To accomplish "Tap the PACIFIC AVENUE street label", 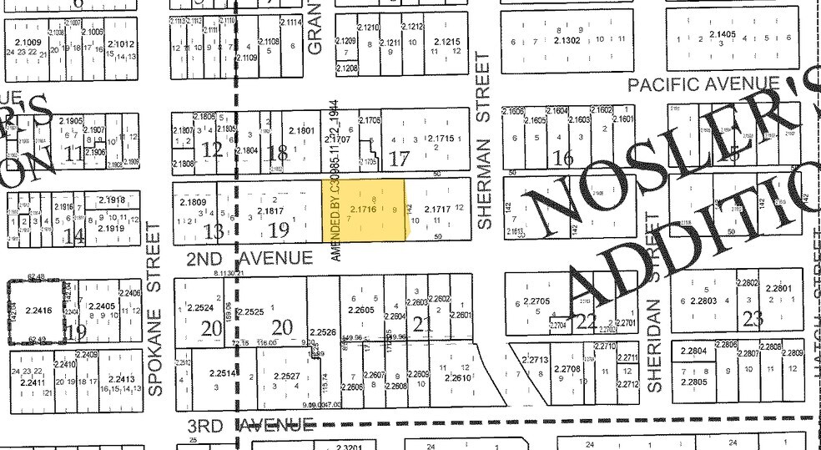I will coord(703,84).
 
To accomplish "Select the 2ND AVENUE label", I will coord(249,259).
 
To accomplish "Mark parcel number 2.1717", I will coord(437,209).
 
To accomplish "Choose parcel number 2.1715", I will coord(439,138).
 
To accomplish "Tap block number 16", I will coord(564,157).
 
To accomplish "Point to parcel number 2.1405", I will coord(723,34).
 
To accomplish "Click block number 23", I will coord(753,318).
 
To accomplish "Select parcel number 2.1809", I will coord(192,202).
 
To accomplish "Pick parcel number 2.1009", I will coord(28,42).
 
